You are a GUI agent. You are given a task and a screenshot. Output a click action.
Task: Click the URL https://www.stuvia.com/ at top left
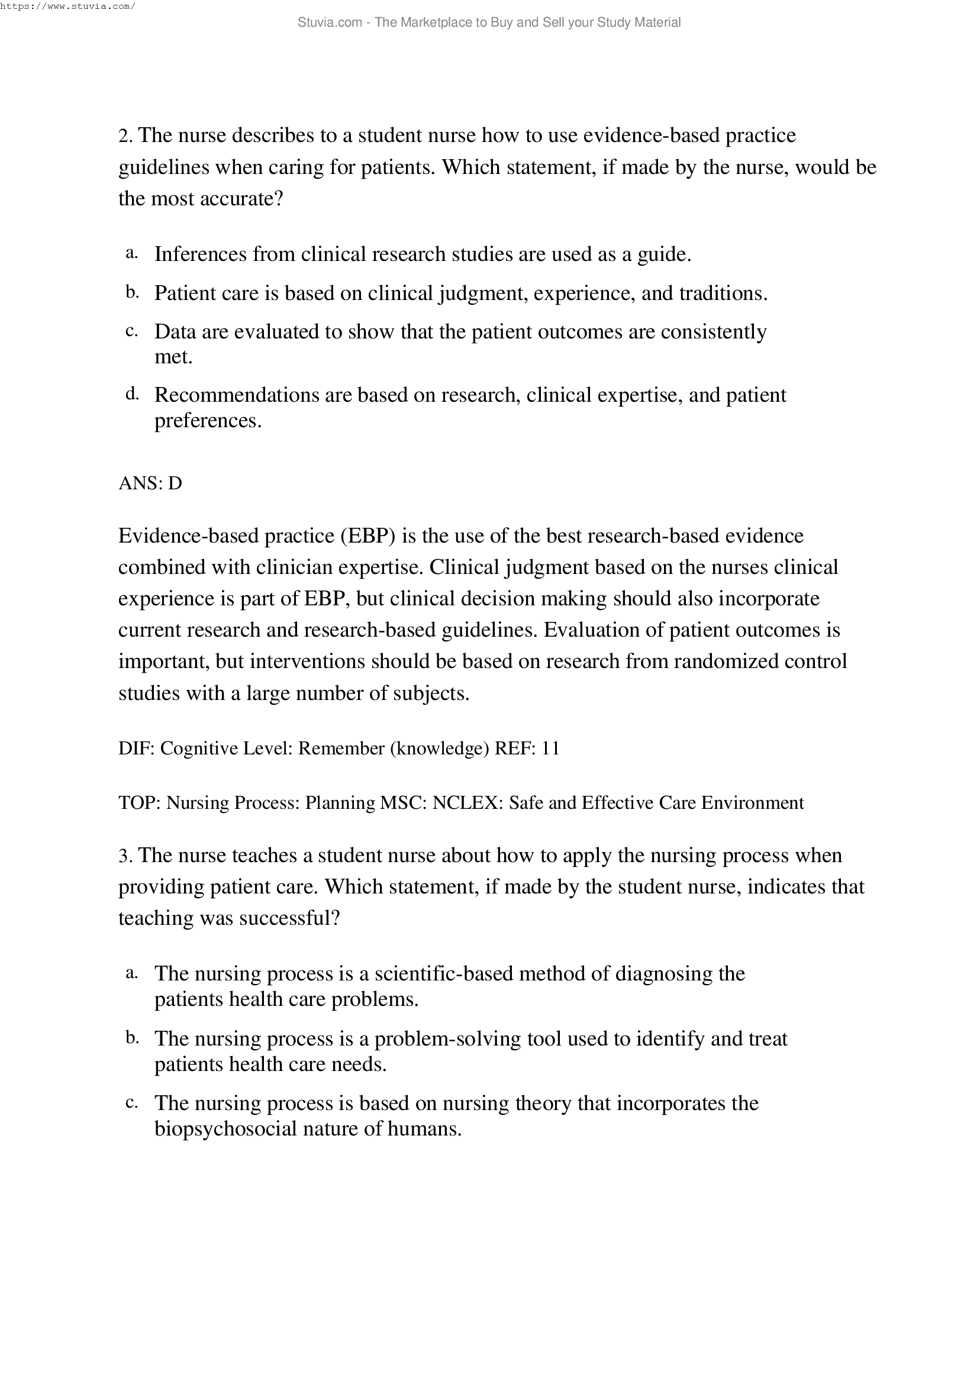click(67, 7)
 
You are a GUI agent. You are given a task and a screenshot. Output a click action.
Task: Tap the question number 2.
click(124, 136)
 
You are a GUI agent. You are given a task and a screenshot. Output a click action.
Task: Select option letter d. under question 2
click(132, 395)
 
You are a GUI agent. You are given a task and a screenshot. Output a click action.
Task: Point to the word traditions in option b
click(723, 294)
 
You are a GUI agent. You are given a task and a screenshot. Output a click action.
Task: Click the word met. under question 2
click(173, 357)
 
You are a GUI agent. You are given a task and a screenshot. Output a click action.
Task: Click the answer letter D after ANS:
click(175, 483)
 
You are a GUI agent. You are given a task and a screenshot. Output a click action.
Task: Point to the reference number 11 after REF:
click(550, 749)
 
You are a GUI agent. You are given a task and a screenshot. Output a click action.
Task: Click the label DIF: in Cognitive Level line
click(136, 749)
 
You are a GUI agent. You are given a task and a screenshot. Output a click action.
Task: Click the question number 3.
click(124, 856)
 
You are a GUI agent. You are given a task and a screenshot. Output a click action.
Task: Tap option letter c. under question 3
click(131, 1103)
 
